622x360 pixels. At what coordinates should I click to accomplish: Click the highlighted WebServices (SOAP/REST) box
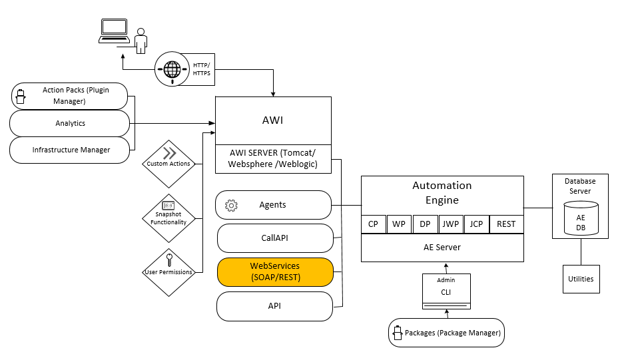[274, 271]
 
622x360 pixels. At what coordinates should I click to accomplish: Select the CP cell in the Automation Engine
[373, 224]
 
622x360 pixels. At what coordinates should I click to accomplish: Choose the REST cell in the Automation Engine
[506, 224]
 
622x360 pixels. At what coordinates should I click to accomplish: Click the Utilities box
[581, 279]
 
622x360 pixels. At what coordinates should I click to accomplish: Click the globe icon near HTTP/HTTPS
[172, 69]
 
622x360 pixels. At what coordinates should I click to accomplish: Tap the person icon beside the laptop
[140, 41]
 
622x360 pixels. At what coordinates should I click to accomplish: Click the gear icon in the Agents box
[232, 205]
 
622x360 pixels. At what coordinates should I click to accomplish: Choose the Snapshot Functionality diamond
[168, 218]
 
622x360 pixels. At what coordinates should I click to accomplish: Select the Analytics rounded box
[70, 123]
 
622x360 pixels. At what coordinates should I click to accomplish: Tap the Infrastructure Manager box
[70, 150]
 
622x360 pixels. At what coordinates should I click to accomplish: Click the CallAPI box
[274, 238]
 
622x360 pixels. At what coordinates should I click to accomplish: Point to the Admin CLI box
[446, 291]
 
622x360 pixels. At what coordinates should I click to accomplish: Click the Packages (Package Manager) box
[446, 332]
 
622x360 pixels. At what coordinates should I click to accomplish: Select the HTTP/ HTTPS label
[201, 69]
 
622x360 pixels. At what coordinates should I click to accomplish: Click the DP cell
[424, 224]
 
